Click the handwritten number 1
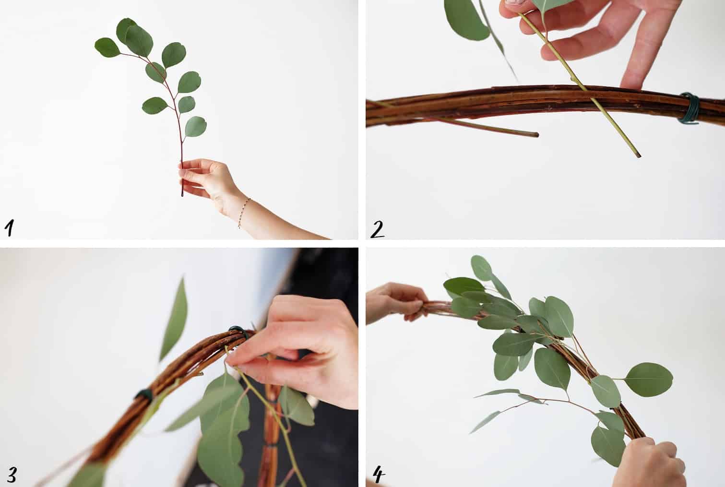click(x=10, y=228)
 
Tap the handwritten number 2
click(x=377, y=229)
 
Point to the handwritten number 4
click(x=379, y=475)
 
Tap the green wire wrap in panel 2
click(x=689, y=108)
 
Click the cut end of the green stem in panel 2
click(x=638, y=155)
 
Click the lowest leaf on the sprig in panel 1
click(x=195, y=126)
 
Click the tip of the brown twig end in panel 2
click(x=538, y=134)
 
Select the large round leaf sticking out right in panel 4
click(x=649, y=380)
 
